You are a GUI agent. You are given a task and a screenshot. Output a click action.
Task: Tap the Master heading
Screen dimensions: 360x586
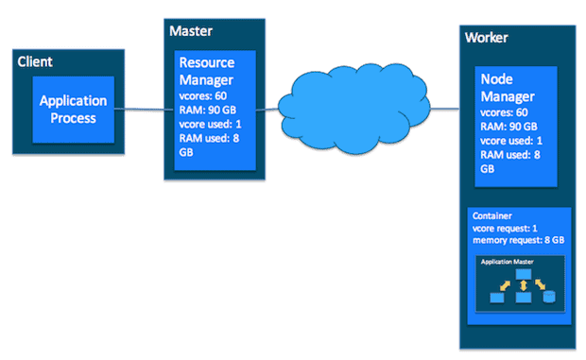(191, 31)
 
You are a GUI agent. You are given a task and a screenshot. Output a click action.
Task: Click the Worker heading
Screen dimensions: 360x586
(488, 38)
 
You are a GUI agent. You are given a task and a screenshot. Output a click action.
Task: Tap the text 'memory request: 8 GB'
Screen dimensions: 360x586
(516, 240)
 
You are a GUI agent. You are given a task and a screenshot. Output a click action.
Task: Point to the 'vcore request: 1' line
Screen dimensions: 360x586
(505, 228)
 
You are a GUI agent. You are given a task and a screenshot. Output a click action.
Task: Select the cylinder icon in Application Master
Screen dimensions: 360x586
(549, 297)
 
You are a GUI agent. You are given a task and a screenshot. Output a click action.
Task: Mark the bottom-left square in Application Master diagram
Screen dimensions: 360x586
(496, 298)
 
